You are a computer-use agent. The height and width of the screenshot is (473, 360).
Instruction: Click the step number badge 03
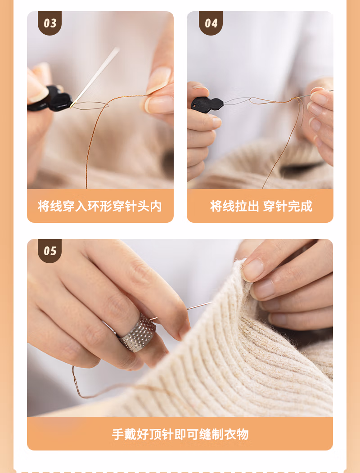pos(50,23)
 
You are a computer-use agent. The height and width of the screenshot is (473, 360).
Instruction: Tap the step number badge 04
pos(211,23)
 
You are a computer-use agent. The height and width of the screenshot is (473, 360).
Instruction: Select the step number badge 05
pos(50,251)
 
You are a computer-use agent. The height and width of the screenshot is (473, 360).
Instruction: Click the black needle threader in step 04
pos(207,103)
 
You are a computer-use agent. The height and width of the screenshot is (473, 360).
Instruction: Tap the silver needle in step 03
pos(94,77)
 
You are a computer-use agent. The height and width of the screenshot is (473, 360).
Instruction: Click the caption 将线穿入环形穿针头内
pos(100,206)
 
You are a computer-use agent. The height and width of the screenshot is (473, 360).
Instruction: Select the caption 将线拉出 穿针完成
pos(261,206)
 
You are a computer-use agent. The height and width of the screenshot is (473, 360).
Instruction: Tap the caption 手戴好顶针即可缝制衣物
pos(180,434)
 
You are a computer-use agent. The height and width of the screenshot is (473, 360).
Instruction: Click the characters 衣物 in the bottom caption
pos(236,434)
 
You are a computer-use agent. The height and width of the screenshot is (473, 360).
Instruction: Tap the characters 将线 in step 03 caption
pos(50,206)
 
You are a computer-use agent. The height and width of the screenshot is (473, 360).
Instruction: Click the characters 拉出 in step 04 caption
pos(247,206)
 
